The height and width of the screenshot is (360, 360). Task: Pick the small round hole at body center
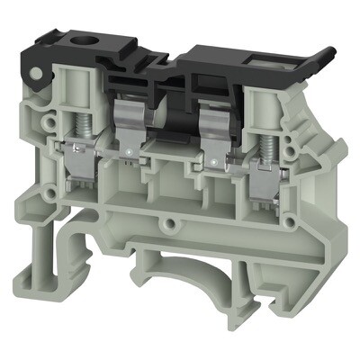[166, 220]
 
